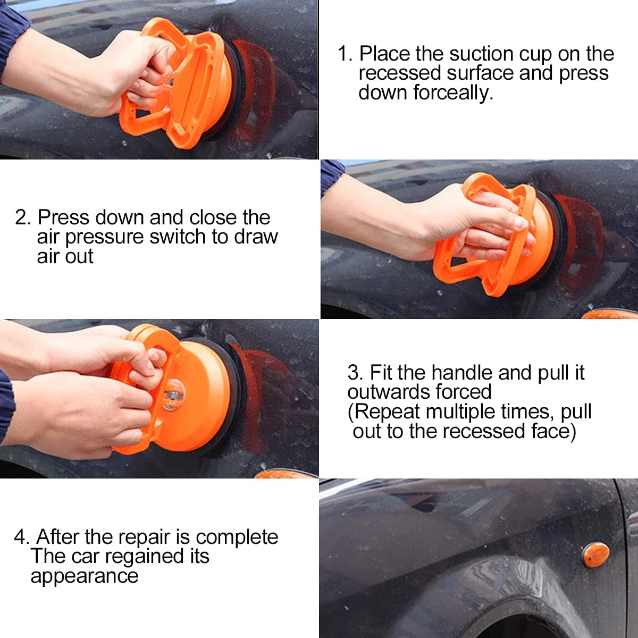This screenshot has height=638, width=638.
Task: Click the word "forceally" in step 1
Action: [452, 93]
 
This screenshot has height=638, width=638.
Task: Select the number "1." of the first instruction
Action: [346, 54]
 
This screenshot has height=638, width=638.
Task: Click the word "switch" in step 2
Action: [178, 237]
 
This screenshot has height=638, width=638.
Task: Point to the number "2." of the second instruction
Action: [23, 217]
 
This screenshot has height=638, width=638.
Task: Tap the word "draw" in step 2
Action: [256, 237]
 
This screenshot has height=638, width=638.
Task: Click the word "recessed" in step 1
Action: [400, 73]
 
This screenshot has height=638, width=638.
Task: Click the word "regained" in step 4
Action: [144, 557]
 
